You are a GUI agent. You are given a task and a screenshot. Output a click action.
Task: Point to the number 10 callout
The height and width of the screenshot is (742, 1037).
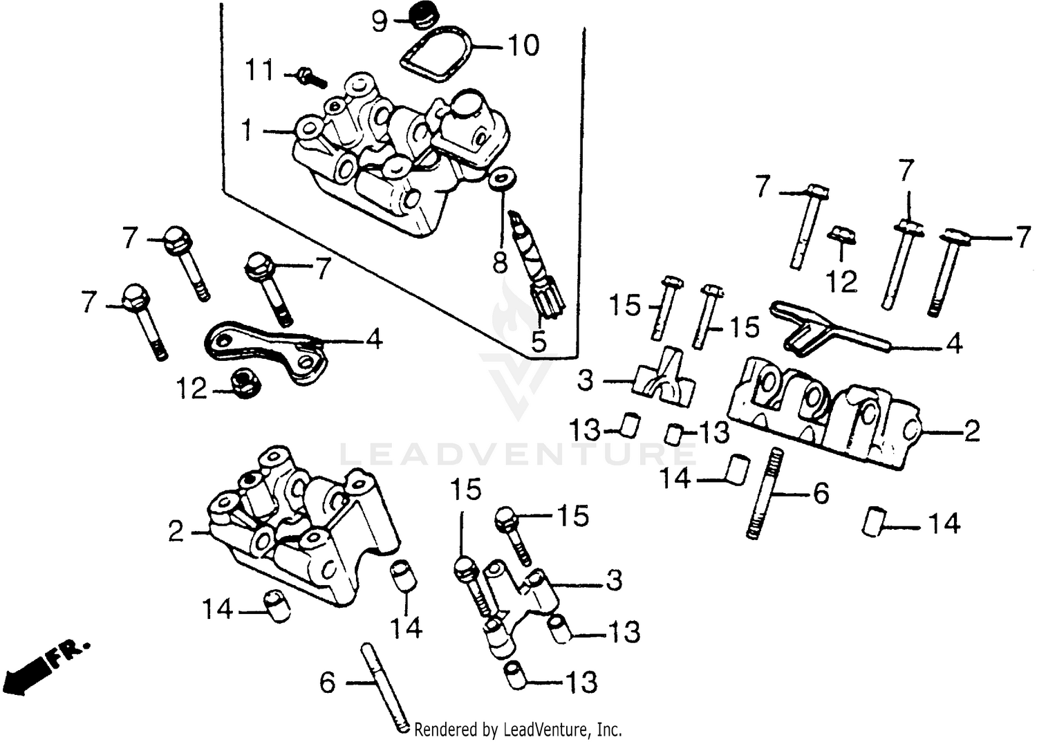(x=523, y=46)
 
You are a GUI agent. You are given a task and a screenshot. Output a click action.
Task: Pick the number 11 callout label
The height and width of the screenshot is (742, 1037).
(x=260, y=71)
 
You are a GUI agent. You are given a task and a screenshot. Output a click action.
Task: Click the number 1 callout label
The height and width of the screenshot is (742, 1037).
(x=247, y=130)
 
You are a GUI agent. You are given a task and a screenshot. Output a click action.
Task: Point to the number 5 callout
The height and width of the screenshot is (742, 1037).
(x=539, y=340)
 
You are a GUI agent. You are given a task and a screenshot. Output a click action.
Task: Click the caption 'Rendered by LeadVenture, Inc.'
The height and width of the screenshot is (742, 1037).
(x=518, y=729)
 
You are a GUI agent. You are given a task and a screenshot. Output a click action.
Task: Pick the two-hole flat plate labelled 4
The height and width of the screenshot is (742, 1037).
(x=266, y=349)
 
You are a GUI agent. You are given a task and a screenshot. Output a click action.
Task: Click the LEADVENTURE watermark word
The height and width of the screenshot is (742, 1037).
(x=518, y=454)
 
